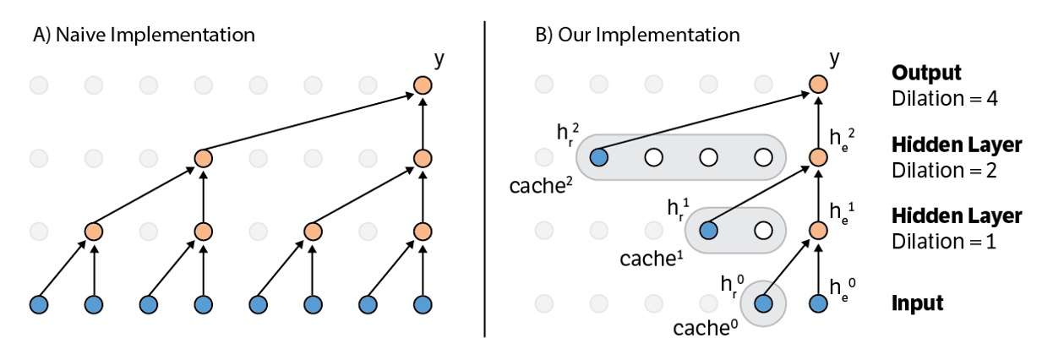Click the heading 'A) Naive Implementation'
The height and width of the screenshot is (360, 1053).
click(143, 35)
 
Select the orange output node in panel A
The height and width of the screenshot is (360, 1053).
click(423, 85)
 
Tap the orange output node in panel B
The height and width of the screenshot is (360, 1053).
click(817, 85)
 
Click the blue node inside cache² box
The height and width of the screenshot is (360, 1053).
click(599, 157)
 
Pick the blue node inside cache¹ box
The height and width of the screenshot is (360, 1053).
click(708, 230)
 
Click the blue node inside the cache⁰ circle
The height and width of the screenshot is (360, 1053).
click(763, 303)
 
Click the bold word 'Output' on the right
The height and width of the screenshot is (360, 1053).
click(926, 73)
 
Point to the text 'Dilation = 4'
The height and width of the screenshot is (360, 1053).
click(945, 98)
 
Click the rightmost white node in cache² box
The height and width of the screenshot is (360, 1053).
click(763, 157)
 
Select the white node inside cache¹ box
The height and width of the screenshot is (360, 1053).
click(763, 230)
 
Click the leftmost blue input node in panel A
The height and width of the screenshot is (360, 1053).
click(38, 303)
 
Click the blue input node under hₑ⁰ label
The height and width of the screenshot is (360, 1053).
click(817, 303)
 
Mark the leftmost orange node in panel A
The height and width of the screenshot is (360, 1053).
click(93, 231)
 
